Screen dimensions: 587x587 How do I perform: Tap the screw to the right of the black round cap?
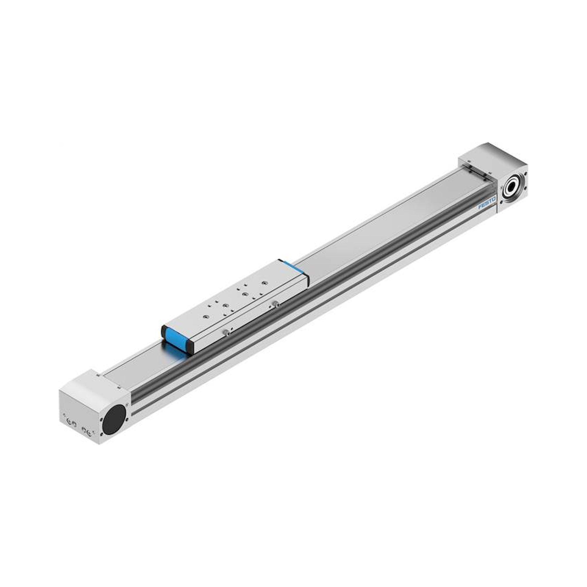pos(127,420)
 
